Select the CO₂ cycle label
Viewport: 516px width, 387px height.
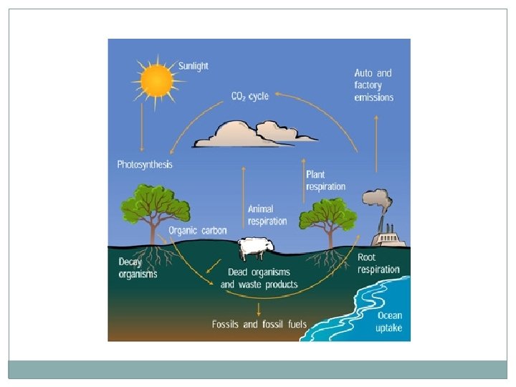point(250,96)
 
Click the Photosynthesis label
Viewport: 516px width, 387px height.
point(145,165)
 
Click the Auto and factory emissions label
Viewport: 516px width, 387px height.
point(373,85)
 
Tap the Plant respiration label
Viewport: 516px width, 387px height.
point(325,181)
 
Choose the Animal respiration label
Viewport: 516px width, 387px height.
point(267,215)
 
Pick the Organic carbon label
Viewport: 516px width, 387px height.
point(198,231)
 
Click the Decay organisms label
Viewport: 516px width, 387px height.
point(138,268)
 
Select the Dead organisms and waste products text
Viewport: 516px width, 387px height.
point(259,278)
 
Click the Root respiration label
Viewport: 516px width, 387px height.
point(378,263)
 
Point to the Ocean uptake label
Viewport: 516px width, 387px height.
point(389,322)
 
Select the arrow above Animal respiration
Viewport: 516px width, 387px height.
point(244,183)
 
